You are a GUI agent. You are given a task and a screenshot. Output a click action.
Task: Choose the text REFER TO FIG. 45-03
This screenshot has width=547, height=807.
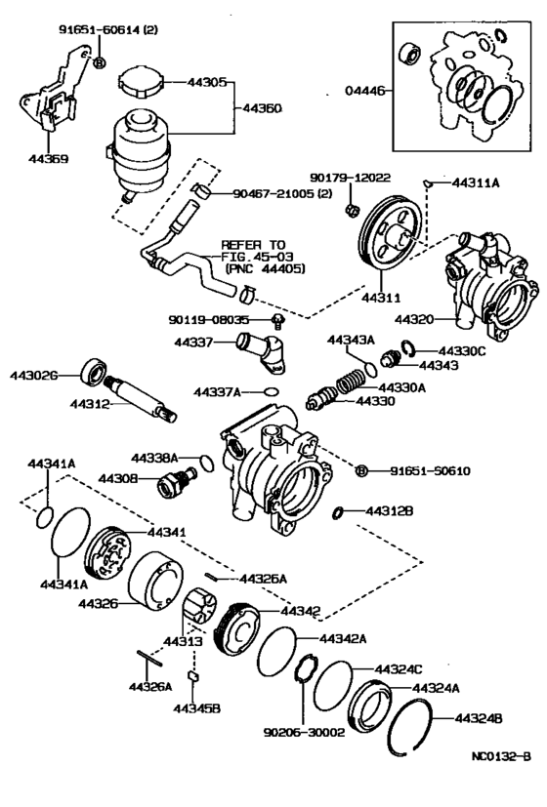coord(253,255)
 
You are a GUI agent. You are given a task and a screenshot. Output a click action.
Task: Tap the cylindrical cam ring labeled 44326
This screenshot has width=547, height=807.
coord(157,586)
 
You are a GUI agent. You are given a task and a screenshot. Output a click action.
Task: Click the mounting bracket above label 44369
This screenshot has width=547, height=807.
coord(54,99)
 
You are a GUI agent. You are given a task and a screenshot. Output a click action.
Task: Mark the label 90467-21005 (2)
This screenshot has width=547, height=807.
coord(293,194)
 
